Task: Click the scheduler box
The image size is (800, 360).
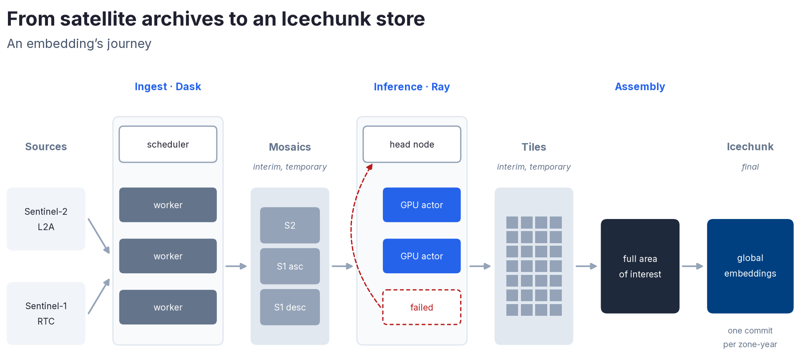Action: [x=168, y=144]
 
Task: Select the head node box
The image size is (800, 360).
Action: [x=412, y=144]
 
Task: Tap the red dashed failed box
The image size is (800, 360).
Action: [x=422, y=307]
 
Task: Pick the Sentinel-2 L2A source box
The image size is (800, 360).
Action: [x=46, y=219]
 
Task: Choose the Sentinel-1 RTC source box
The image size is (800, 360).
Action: [x=46, y=313]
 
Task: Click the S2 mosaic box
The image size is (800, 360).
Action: [x=290, y=225]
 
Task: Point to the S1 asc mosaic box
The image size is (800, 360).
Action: [x=290, y=266]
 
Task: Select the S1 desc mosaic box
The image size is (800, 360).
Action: [x=290, y=307]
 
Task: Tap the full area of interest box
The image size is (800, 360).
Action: [x=640, y=266]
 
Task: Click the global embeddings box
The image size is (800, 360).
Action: [x=750, y=266]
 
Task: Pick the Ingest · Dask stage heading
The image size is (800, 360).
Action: [x=168, y=86]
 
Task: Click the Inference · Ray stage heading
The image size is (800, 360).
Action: [x=412, y=87]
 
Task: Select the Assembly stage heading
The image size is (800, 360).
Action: [x=640, y=87]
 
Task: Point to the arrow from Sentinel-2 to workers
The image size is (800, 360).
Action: [x=99, y=236]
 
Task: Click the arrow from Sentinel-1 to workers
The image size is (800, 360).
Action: [x=99, y=296]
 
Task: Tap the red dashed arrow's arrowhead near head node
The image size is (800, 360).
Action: [x=370, y=167]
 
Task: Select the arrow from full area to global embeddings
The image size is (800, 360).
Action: [x=693, y=266]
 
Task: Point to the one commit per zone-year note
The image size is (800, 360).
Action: [x=750, y=337]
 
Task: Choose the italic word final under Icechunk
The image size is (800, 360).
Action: [x=750, y=167]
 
